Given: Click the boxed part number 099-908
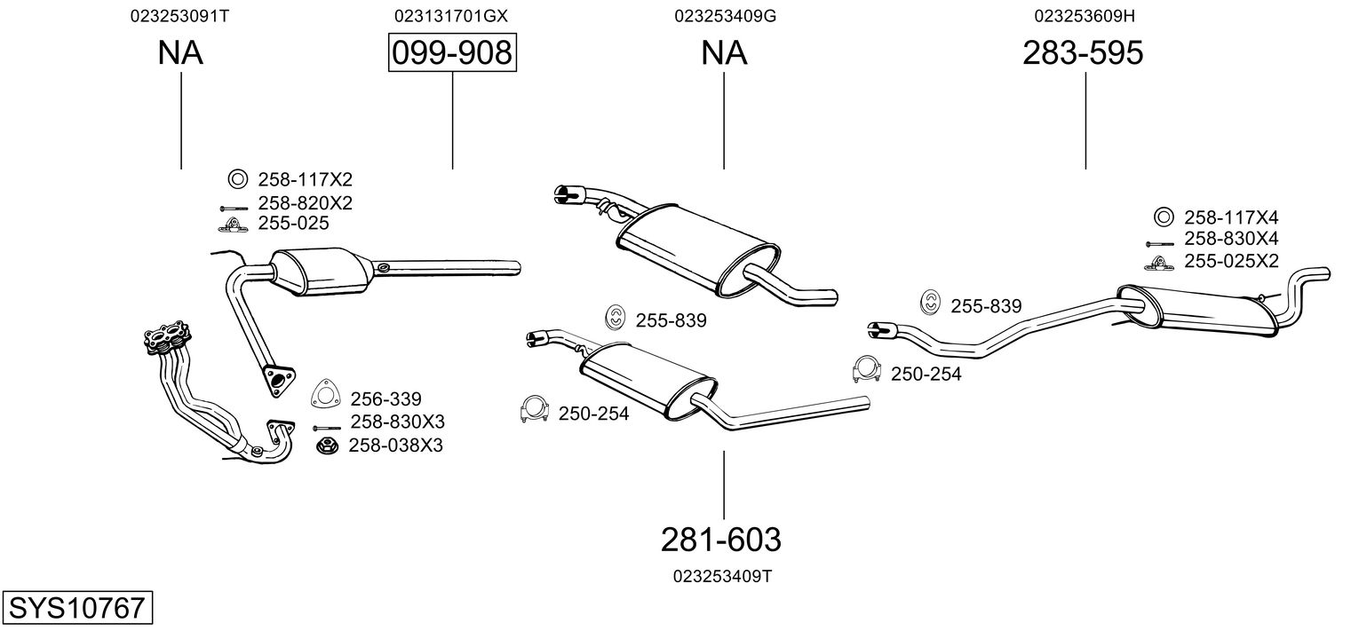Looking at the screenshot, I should tap(452, 53).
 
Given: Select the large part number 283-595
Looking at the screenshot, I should tap(1083, 53).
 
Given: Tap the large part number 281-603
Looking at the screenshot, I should tap(720, 539).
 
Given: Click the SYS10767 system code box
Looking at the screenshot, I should tap(76, 608).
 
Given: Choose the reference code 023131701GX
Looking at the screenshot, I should tap(451, 16).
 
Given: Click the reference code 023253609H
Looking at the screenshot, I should tap(1085, 16).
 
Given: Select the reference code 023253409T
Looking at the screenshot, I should tap(722, 576).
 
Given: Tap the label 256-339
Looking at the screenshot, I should tap(385, 398).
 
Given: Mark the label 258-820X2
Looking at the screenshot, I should tap(305, 203).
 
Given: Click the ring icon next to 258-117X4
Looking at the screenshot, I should tap(1164, 217).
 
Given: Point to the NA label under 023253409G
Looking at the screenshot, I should tap(724, 53).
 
